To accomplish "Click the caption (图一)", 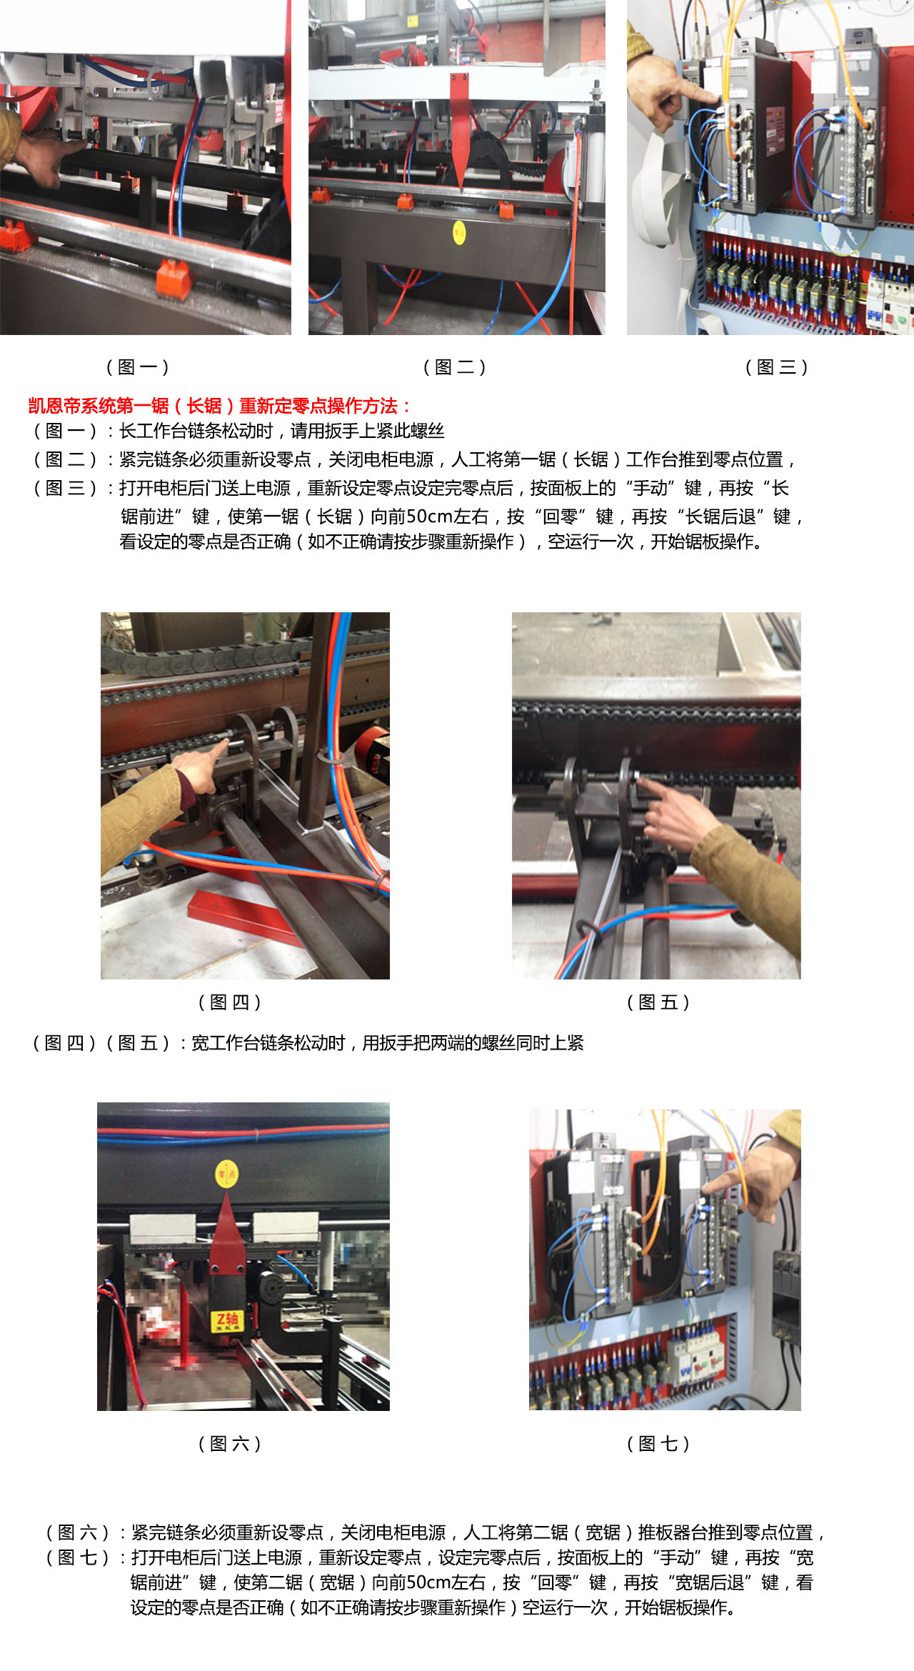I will [137, 367].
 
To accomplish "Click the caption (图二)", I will [454, 367].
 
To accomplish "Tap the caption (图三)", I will [776, 367].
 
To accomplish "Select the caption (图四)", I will [229, 1002].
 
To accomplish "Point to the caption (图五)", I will [658, 1002].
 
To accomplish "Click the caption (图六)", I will [229, 1444].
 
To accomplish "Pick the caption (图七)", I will [658, 1444].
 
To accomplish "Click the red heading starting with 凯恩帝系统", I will [219, 406].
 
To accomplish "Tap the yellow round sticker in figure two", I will [459, 231].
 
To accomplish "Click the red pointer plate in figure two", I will [460, 125].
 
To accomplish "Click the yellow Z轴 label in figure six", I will [226, 1321].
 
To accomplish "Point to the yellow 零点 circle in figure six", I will [226, 1174].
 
